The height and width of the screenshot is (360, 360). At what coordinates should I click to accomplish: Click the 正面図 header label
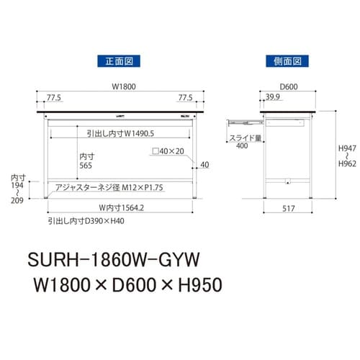tap(118, 62)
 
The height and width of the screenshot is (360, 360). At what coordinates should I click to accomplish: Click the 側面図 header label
tap(285, 62)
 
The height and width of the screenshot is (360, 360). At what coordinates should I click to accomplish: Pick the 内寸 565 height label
tap(87, 159)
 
